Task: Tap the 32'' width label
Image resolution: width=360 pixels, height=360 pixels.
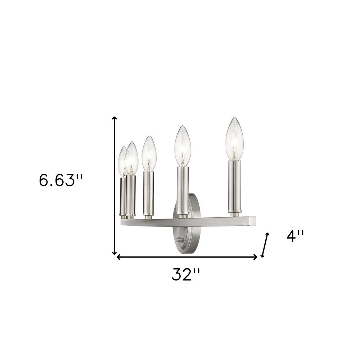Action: [185, 275]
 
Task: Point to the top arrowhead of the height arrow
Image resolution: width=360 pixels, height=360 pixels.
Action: [115, 119]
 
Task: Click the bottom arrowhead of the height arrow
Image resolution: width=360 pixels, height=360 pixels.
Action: [115, 252]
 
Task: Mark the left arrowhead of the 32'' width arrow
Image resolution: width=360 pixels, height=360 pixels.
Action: [118, 257]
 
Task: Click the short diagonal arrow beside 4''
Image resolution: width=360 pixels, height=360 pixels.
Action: [265, 245]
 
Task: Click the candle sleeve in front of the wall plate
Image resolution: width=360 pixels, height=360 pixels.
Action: [183, 191]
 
